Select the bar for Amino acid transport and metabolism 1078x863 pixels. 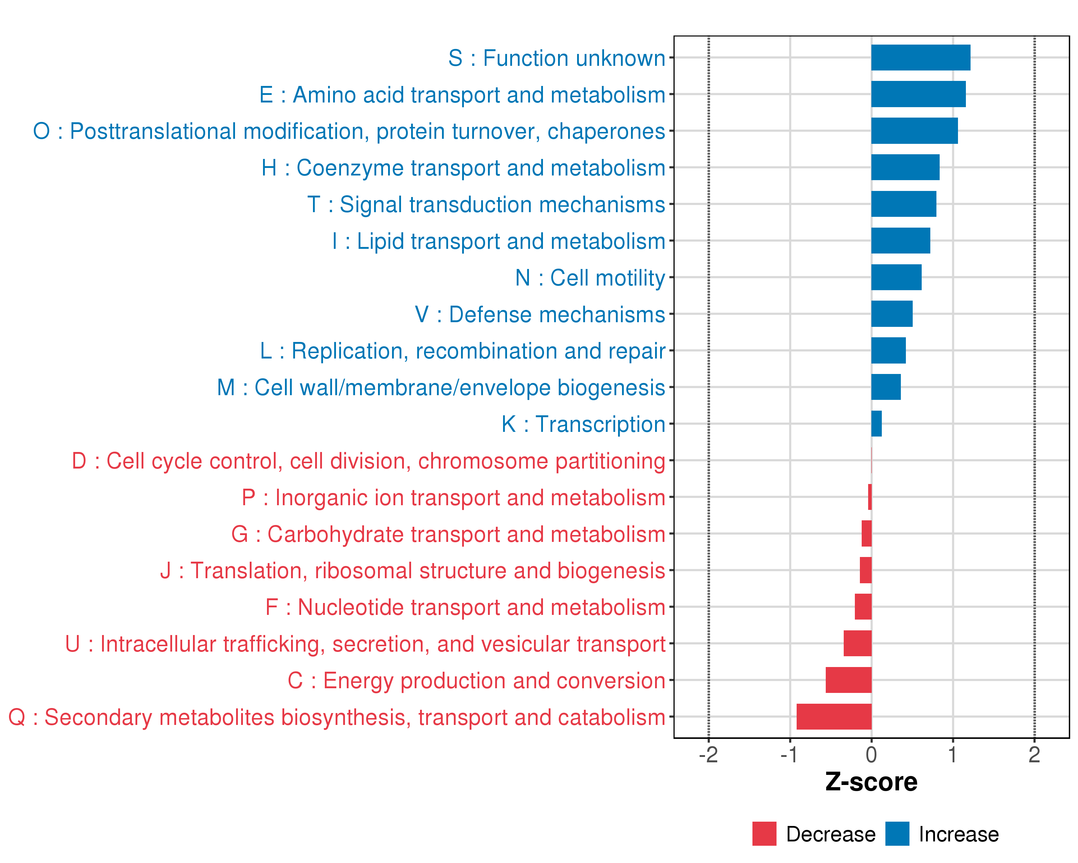coord(918,94)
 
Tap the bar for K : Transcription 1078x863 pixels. coord(876,424)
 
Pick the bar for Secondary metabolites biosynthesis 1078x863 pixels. coord(834,716)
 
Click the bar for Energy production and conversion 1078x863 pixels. coord(848,680)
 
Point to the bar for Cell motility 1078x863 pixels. coord(896,277)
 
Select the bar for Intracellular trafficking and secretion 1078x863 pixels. coord(857,643)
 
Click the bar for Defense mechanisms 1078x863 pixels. coord(892,314)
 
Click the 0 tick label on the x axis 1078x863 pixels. coord(871,754)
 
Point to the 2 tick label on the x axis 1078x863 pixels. coord(1034,754)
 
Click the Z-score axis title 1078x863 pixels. coord(871,782)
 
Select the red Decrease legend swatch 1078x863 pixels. coord(764,834)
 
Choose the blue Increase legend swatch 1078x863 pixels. coord(897,834)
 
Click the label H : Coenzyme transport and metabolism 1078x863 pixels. coord(463,168)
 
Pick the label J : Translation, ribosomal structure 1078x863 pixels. coord(413,571)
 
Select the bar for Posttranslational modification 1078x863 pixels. coord(914,131)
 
